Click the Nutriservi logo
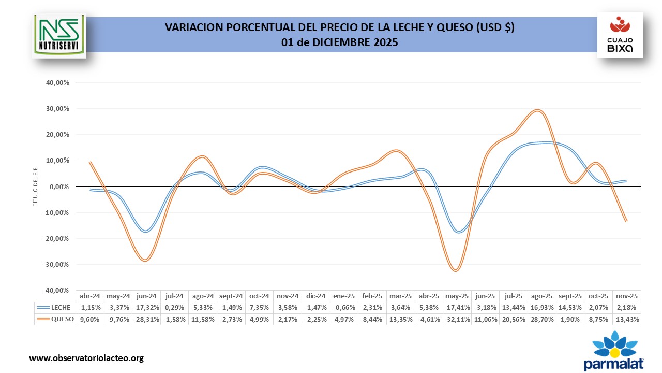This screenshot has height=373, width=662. point(59,35)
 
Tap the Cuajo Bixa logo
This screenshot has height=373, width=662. point(620,35)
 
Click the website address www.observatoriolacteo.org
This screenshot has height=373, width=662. point(86,358)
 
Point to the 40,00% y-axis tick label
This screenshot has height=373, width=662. point(58,82)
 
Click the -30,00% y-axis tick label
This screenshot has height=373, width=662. point(57,264)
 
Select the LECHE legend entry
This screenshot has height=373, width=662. point(57,307)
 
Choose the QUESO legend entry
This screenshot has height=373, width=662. point(57,319)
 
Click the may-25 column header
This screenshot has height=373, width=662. point(457,296)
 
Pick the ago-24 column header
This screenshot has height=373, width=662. point(203,296)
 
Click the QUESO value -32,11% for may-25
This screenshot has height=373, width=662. point(457,319)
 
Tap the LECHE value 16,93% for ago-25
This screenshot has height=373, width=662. point(542,307)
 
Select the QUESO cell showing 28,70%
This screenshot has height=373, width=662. point(542,319)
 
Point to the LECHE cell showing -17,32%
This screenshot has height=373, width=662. point(146,307)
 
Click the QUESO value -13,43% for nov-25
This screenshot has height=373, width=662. point(627,319)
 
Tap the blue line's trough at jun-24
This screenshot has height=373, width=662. point(146,231)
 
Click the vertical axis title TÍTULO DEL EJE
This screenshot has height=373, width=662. point(36,187)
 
